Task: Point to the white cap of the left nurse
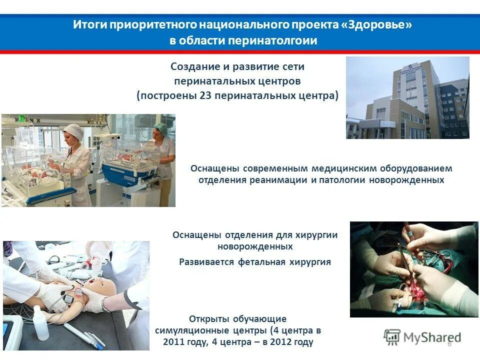tap(74, 131)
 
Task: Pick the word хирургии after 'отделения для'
tap(317, 235)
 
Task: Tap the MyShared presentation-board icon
tap(392, 336)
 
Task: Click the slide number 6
tap(449, 343)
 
